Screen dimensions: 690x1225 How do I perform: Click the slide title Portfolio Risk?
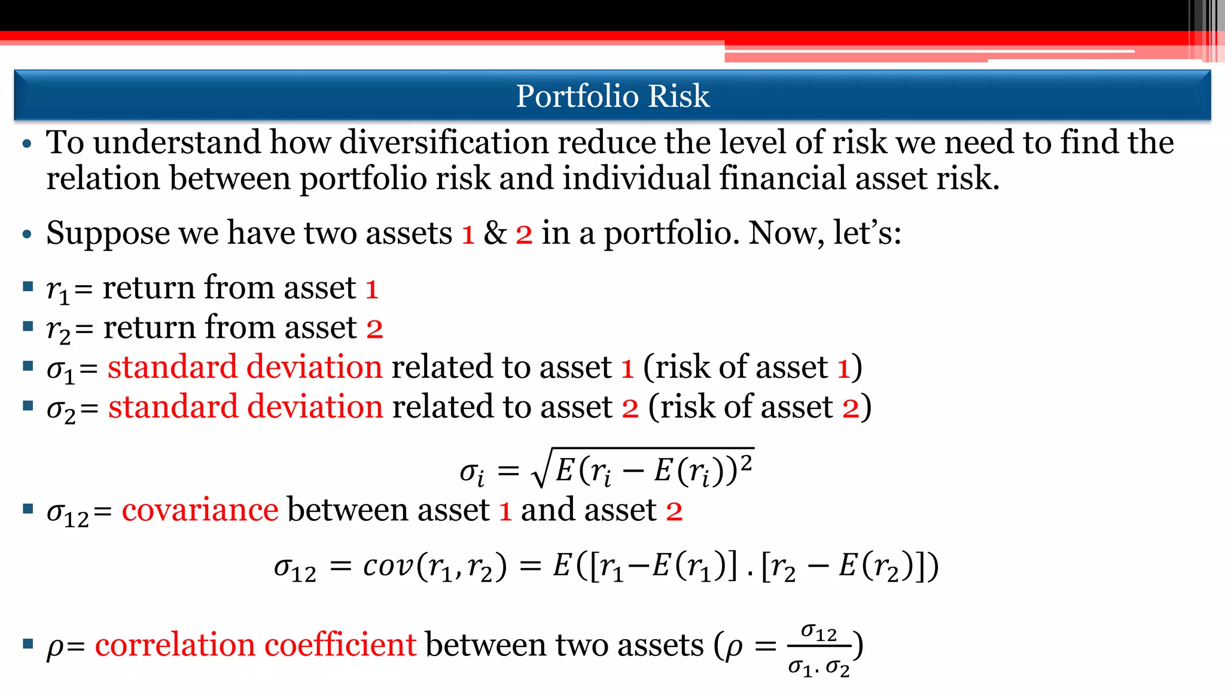612,96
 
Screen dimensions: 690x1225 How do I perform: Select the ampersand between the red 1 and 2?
495,233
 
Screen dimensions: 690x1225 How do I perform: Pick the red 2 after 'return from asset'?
374,328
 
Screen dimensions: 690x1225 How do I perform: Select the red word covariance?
200,510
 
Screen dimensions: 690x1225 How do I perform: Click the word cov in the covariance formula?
388,566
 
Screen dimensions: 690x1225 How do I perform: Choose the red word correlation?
175,645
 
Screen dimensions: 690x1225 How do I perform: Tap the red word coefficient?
340,645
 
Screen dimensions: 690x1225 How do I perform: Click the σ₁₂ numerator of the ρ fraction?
819,632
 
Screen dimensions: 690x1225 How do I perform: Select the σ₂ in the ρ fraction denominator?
837,668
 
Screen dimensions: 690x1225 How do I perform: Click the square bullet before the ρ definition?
28,644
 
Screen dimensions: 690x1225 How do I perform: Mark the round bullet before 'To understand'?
26,144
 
